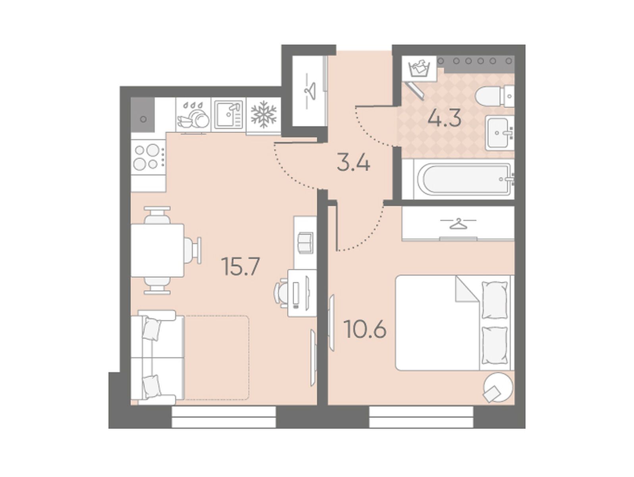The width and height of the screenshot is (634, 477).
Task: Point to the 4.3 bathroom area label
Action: (445, 118)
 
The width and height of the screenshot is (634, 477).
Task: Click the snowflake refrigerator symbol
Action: (264, 114)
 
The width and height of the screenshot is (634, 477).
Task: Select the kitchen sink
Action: (229, 114)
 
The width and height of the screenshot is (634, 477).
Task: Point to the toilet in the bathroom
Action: (495, 96)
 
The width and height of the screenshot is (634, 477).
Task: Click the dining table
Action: (158, 250)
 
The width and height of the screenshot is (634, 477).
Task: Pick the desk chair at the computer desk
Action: (280, 293)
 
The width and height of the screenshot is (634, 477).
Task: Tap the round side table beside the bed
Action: (498, 388)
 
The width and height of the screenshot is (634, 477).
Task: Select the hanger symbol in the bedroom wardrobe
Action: (459, 223)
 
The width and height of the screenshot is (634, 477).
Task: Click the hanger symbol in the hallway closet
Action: (310, 91)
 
